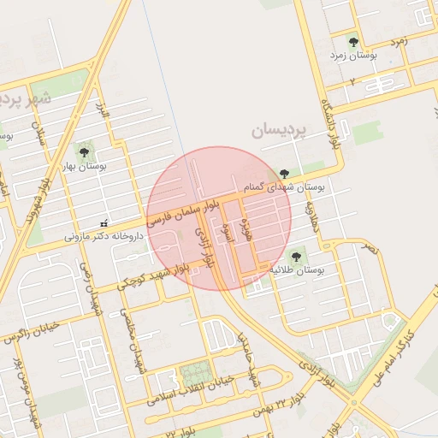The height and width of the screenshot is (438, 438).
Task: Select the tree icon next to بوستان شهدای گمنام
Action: pyautogui.click(x=284, y=173)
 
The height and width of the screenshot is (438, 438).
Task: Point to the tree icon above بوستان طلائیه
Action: pyautogui.click(x=297, y=254)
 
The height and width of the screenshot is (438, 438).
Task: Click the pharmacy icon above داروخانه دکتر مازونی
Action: pyautogui.click(x=104, y=223)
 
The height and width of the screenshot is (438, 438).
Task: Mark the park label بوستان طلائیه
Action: pyautogui.click(x=300, y=269)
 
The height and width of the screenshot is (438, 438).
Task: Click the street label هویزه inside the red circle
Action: pyautogui.click(x=247, y=230)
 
